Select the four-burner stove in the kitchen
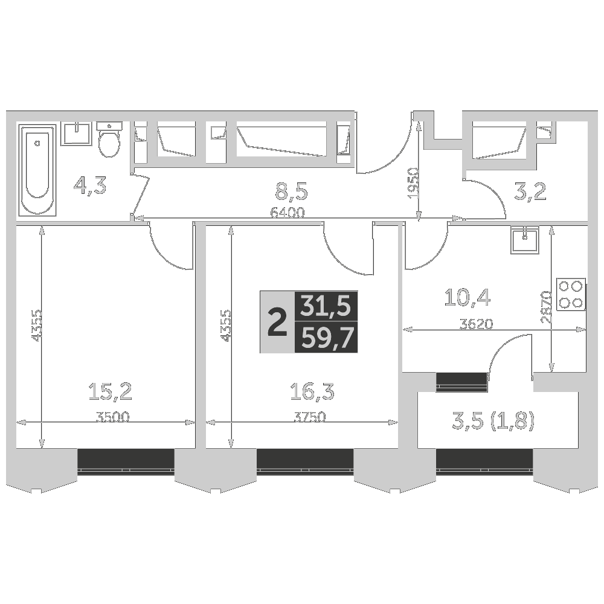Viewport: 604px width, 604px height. click(x=571, y=294)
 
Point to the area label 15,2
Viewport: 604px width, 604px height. click(x=110, y=392)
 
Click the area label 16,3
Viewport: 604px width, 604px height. click(x=312, y=392)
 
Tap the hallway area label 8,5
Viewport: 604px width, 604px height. click(x=292, y=192)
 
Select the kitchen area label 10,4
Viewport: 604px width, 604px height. click(x=467, y=297)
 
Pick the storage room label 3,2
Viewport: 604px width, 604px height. click(x=530, y=192)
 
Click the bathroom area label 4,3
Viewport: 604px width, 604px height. click(x=89, y=185)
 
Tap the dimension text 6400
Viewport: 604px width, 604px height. click(x=288, y=212)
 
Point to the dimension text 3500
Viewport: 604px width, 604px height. click(x=113, y=416)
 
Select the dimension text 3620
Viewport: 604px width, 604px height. click(x=476, y=324)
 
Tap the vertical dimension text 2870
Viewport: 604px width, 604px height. click(x=546, y=308)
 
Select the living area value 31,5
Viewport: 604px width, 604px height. click(x=326, y=307)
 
